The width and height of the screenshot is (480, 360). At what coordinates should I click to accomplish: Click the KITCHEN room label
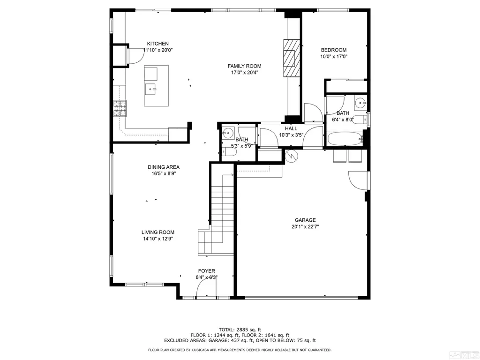tap(157, 44)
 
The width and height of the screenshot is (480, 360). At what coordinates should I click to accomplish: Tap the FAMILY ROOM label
tap(244, 66)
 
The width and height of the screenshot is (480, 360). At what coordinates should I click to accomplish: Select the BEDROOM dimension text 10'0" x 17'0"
tap(334, 57)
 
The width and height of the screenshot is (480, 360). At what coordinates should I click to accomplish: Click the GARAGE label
tap(305, 220)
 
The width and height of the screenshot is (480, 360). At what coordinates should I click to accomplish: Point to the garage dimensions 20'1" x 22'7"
tap(305, 227)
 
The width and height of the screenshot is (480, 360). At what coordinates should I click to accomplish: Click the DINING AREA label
tap(164, 167)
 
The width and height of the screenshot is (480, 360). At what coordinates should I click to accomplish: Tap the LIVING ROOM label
tap(158, 232)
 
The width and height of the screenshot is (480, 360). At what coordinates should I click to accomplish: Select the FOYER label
tap(207, 271)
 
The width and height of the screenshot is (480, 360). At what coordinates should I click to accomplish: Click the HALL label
tap(291, 128)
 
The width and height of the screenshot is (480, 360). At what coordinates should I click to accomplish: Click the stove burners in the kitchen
tap(120, 108)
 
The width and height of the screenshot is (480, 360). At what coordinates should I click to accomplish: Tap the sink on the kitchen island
tap(151, 90)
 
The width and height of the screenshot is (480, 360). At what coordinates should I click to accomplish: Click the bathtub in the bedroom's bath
tap(345, 139)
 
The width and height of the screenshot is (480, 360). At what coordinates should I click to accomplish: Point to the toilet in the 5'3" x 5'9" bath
tap(230, 152)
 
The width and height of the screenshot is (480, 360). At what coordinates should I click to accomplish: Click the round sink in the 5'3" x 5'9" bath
tap(228, 133)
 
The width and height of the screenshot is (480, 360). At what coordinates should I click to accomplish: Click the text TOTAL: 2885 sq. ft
tap(240, 330)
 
